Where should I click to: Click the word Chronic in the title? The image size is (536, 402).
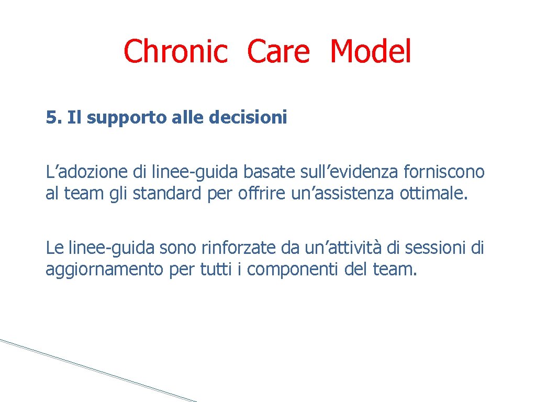pyautogui.click(x=175, y=52)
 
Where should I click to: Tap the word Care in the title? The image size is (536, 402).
pyautogui.click(x=278, y=52)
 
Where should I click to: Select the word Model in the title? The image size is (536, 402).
pyautogui.click(x=371, y=52)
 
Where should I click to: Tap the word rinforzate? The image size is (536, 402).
pyautogui.click(x=232, y=247)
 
